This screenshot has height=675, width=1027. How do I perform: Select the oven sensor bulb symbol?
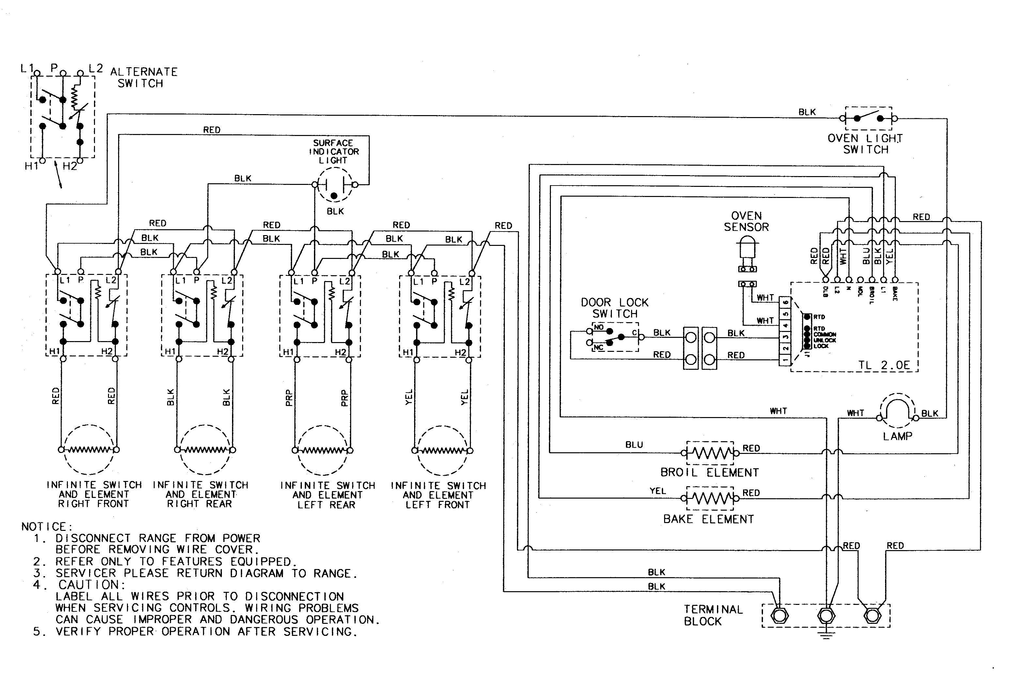747,250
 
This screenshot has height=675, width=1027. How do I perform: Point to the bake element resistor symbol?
710,499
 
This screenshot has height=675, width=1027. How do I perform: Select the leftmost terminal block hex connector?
779,615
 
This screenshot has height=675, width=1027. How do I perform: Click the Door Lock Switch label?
615,308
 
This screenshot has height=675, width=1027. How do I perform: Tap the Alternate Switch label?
144,78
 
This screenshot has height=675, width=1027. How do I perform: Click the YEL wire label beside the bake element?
658,491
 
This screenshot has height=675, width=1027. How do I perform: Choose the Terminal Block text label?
713,615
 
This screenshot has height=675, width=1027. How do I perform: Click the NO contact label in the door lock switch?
599,327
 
